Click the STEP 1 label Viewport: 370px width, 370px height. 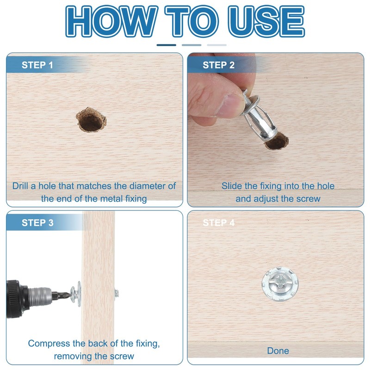click(x=37, y=65)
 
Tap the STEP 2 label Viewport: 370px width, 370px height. click(x=218, y=65)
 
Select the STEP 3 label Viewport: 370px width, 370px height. click(x=37, y=223)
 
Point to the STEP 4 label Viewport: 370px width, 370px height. click(x=218, y=223)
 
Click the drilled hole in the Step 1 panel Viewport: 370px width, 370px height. click(x=91, y=120)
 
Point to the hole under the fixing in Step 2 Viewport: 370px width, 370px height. click(x=277, y=142)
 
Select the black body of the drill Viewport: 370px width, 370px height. click(x=17, y=299)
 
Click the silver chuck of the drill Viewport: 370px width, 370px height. click(x=40, y=296)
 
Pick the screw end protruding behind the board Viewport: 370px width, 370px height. click(x=117, y=294)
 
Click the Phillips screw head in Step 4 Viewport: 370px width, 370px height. click(x=280, y=284)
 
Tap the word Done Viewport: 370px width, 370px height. click(x=278, y=351)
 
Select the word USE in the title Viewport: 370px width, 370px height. click(x=266, y=21)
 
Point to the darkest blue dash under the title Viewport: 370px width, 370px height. click(x=166, y=45)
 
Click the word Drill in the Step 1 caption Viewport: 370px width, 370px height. click(x=20, y=186)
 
